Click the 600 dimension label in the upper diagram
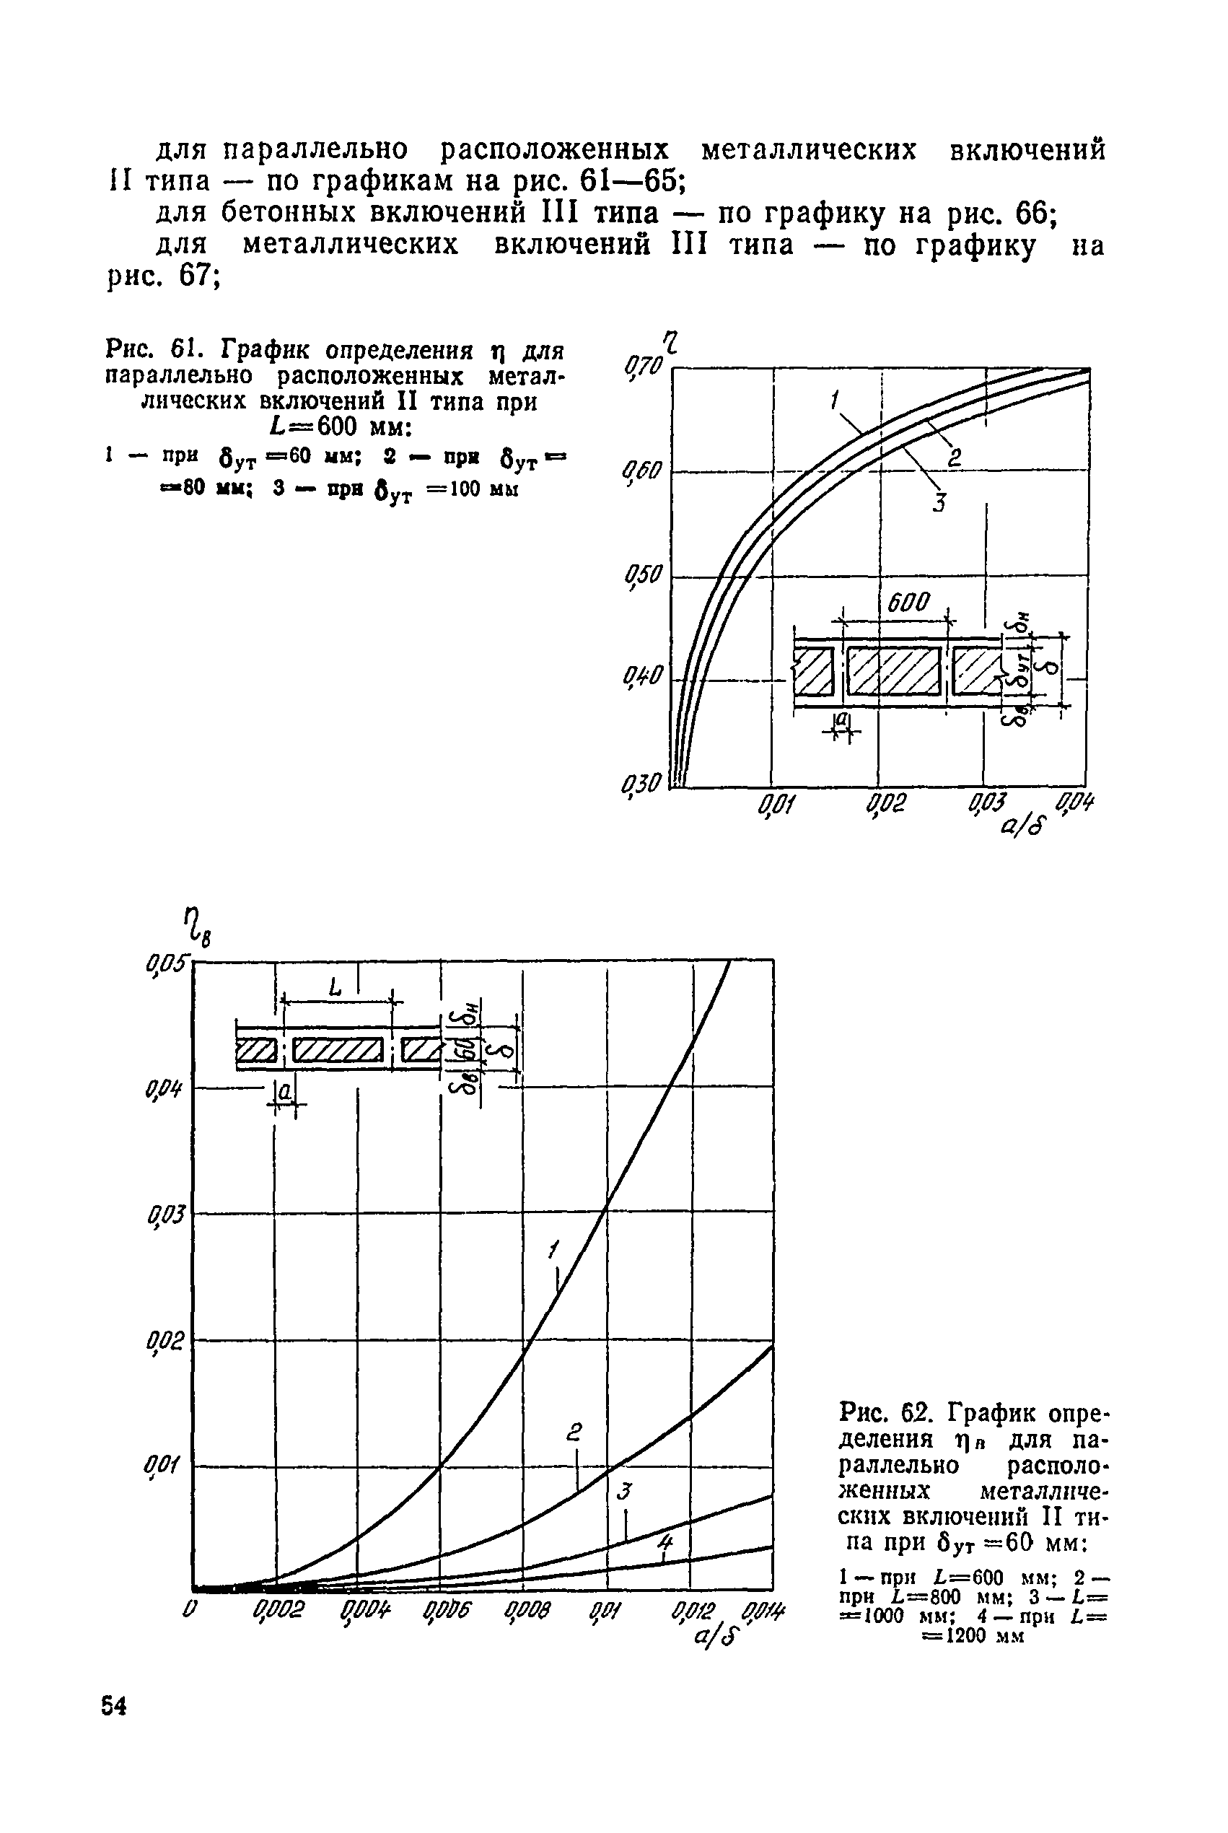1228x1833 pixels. pyautogui.click(x=908, y=602)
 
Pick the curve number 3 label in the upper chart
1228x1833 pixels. pyautogui.click(x=939, y=502)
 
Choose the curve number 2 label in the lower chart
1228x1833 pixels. pyautogui.click(x=575, y=1432)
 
